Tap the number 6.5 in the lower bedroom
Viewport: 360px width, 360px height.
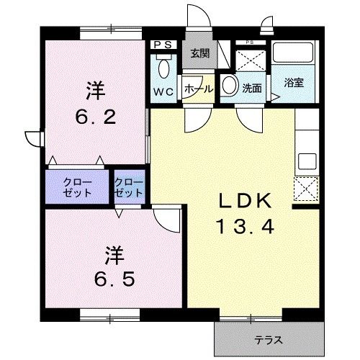[x=111, y=276]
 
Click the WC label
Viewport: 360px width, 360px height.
[x=162, y=91]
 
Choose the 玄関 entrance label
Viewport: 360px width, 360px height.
[x=199, y=53]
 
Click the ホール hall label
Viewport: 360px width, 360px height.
[x=198, y=89]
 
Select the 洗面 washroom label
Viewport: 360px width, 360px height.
[x=251, y=89]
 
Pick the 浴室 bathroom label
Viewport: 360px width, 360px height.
[x=293, y=83]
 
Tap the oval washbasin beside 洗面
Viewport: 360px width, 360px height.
[x=228, y=85]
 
